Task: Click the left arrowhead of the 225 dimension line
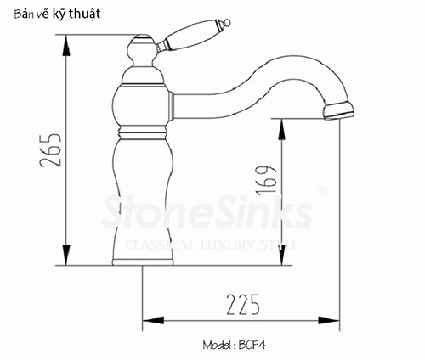click(146, 321)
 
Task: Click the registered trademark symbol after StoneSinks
click(322, 194)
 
